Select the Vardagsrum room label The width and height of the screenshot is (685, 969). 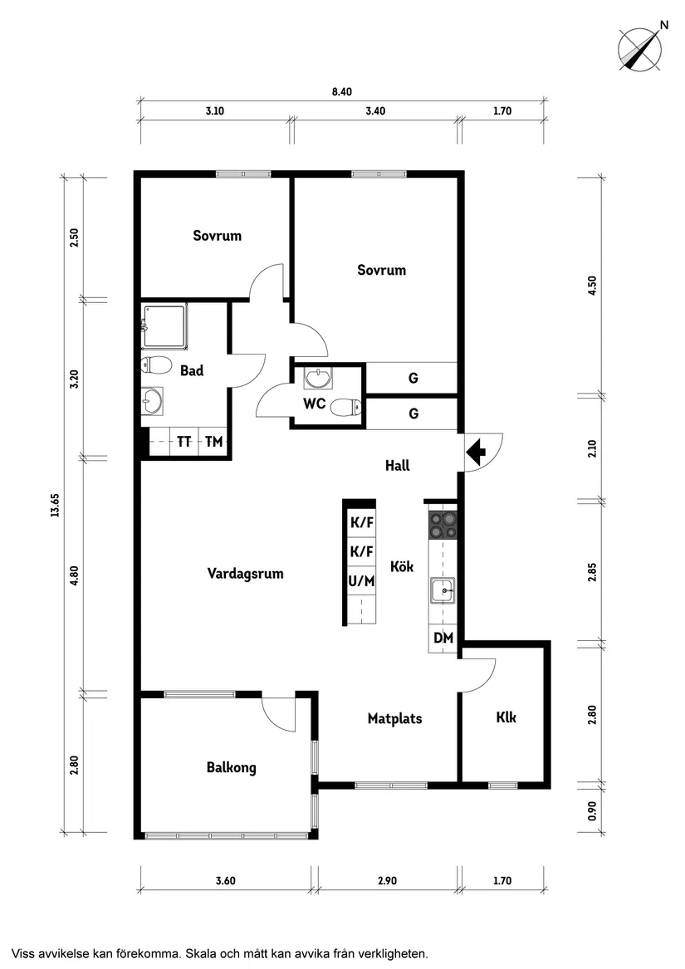click(246, 574)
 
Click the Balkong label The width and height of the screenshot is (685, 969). click(231, 767)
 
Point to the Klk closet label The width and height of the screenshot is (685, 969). click(506, 717)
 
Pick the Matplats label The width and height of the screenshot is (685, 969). click(395, 719)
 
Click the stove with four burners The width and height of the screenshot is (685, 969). click(443, 526)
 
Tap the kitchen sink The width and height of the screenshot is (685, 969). click(443, 591)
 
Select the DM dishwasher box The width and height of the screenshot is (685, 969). click(443, 638)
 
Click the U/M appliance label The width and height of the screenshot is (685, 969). click(362, 581)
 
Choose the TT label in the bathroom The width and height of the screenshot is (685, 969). click(183, 442)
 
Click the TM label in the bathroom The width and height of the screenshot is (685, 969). click(214, 442)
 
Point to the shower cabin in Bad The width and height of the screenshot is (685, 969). click(164, 326)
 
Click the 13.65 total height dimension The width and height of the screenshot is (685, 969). click(55, 504)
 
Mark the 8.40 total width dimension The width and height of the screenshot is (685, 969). click(342, 91)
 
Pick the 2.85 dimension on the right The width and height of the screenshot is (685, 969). click(592, 571)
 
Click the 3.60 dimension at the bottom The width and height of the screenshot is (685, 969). click(226, 881)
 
